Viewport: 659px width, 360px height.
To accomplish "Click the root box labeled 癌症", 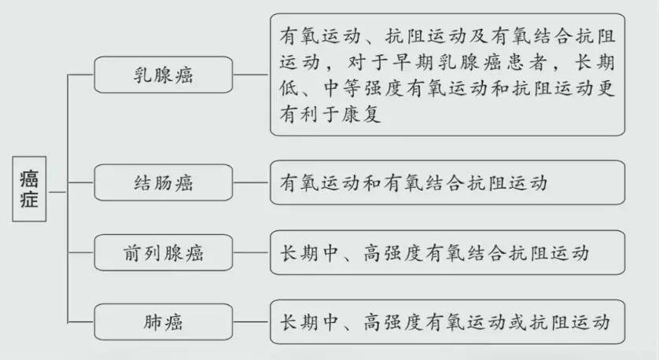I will [x=32, y=191].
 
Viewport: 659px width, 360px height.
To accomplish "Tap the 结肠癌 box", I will [x=164, y=184].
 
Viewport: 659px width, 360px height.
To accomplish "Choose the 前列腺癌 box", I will [x=164, y=253].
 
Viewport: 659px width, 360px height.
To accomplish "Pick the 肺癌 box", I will [x=164, y=321].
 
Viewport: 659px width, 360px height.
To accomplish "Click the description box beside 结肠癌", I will [x=447, y=183].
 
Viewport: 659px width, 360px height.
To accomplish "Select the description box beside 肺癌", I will [x=447, y=321].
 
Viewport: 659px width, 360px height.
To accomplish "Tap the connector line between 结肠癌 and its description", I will [x=252, y=184].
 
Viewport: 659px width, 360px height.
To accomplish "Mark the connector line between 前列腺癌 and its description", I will [x=252, y=253].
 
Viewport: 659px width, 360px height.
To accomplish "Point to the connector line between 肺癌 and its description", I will [x=252, y=321].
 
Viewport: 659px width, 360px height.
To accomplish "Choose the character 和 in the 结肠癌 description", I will [x=373, y=184].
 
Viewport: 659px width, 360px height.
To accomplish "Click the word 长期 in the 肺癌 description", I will [x=301, y=321].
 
